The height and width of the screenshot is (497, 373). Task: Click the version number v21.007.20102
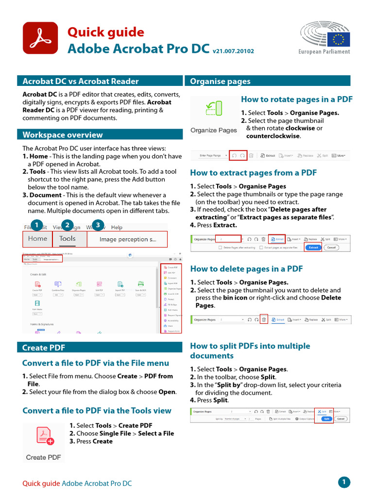pyautogui.click(x=233, y=51)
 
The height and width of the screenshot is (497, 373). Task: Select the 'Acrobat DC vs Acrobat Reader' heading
pyautogui.click(x=81, y=81)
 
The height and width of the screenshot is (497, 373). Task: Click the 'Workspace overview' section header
pyautogui.click(x=63, y=134)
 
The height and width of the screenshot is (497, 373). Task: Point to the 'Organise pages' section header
pyautogui.click(x=220, y=81)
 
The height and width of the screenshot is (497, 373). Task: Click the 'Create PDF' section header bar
pyautogui.click(x=44, y=334)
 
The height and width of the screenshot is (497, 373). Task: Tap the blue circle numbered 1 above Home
pyautogui.click(x=35, y=225)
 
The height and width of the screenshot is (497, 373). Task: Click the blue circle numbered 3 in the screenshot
pyautogui.click(x=98, y=225)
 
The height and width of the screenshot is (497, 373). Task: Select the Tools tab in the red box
pyautogui.click(x=68, y=238)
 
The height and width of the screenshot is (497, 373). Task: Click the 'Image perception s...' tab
pyautogui.click(x=128, y=239)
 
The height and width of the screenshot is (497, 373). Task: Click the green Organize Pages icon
pyautogui.click(x=214, y=111)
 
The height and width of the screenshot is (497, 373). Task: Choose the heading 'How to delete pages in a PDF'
pyautogui.click(x=246, y=268)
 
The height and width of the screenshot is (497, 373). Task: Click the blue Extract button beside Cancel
pyautogui.click(x=314, y=247)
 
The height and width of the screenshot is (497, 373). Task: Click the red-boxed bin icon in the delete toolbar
pyautogui.click(x=264, y=320)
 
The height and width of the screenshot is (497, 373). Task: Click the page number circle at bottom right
pyautogui.click(x=344, y=482)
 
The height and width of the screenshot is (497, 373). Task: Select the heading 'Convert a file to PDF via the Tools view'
pyautogui.click(x=97, y=411)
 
